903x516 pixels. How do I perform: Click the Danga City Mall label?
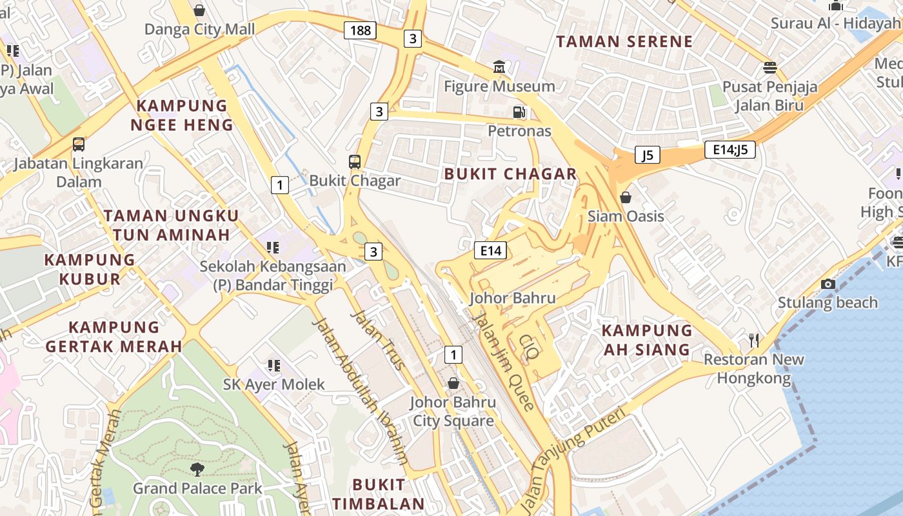199,30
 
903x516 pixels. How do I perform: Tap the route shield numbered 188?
359,30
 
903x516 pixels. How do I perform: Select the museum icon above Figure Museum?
499,67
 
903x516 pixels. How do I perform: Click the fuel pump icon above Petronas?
519,112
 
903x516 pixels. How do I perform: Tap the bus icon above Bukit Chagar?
355,161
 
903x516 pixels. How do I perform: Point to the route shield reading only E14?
490,250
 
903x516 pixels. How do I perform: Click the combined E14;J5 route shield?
729,150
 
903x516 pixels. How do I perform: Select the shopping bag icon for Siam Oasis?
625,197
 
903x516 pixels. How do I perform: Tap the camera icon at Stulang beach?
828,284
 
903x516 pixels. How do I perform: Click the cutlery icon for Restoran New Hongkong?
753,340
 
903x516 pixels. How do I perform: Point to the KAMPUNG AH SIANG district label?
646,340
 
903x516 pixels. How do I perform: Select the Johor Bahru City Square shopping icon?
453,383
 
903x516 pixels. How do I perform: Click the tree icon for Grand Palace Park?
197,469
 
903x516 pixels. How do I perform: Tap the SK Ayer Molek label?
274,384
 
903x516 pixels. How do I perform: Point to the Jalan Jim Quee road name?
503,361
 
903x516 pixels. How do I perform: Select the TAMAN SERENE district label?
624,42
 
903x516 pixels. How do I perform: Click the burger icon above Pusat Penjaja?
769,67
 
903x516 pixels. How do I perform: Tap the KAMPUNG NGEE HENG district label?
182,115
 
